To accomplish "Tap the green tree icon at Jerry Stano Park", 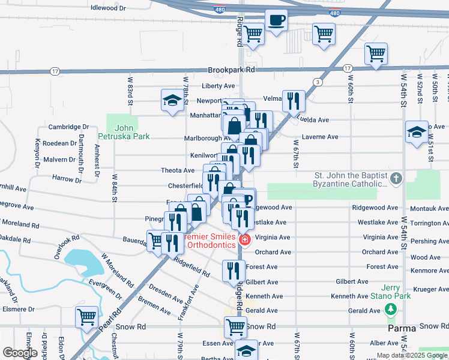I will [391, 309].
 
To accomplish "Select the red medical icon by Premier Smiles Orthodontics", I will [244, 241].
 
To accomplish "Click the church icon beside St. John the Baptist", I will [396, 179].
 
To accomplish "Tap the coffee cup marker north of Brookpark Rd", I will [276, 21].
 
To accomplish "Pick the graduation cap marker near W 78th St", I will [172, 100].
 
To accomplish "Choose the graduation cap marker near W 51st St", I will [416, 133].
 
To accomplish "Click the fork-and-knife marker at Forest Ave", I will [234, 271].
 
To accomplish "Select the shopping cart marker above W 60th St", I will [376, 55].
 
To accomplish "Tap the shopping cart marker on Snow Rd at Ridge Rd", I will [235, 328].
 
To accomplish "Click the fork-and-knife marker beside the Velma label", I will [294, 100].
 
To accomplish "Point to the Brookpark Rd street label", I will [232, 70].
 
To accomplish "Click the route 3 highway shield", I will [317, 82].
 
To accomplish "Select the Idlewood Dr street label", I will [108, 8].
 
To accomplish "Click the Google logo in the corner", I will [20, 353].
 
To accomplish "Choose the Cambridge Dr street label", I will [68, 127].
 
